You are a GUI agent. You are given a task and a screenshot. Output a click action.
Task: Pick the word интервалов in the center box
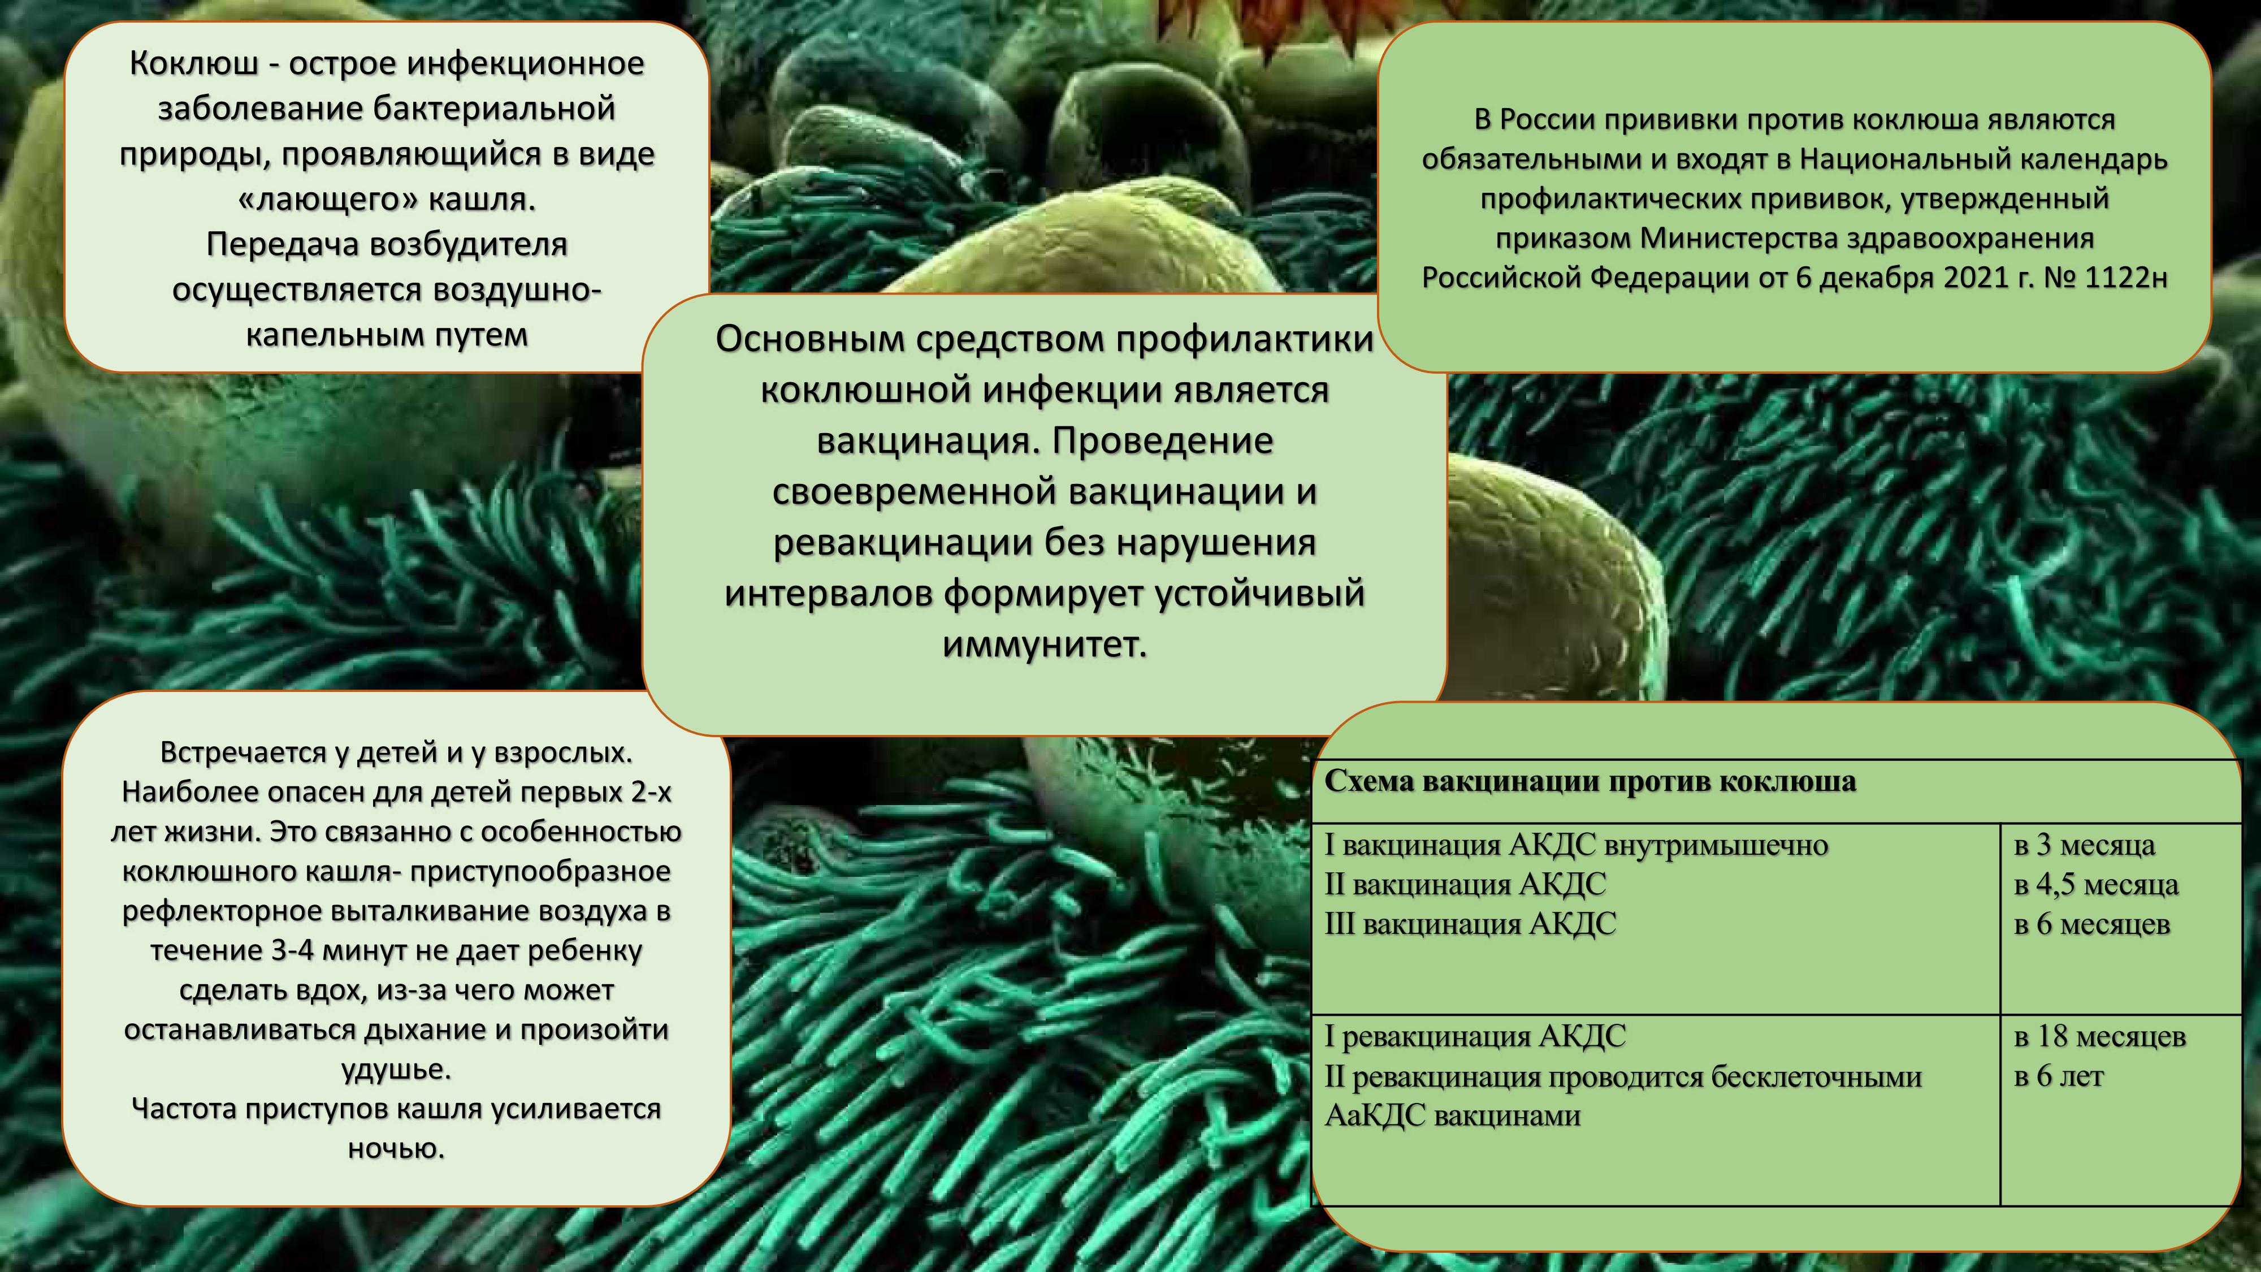click(828, 594)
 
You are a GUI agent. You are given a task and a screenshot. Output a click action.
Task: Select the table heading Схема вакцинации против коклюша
click(1589, 781)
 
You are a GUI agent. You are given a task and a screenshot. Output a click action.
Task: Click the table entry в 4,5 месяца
click(2096, 884)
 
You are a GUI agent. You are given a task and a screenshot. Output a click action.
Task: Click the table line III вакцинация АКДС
click(1470, 924)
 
